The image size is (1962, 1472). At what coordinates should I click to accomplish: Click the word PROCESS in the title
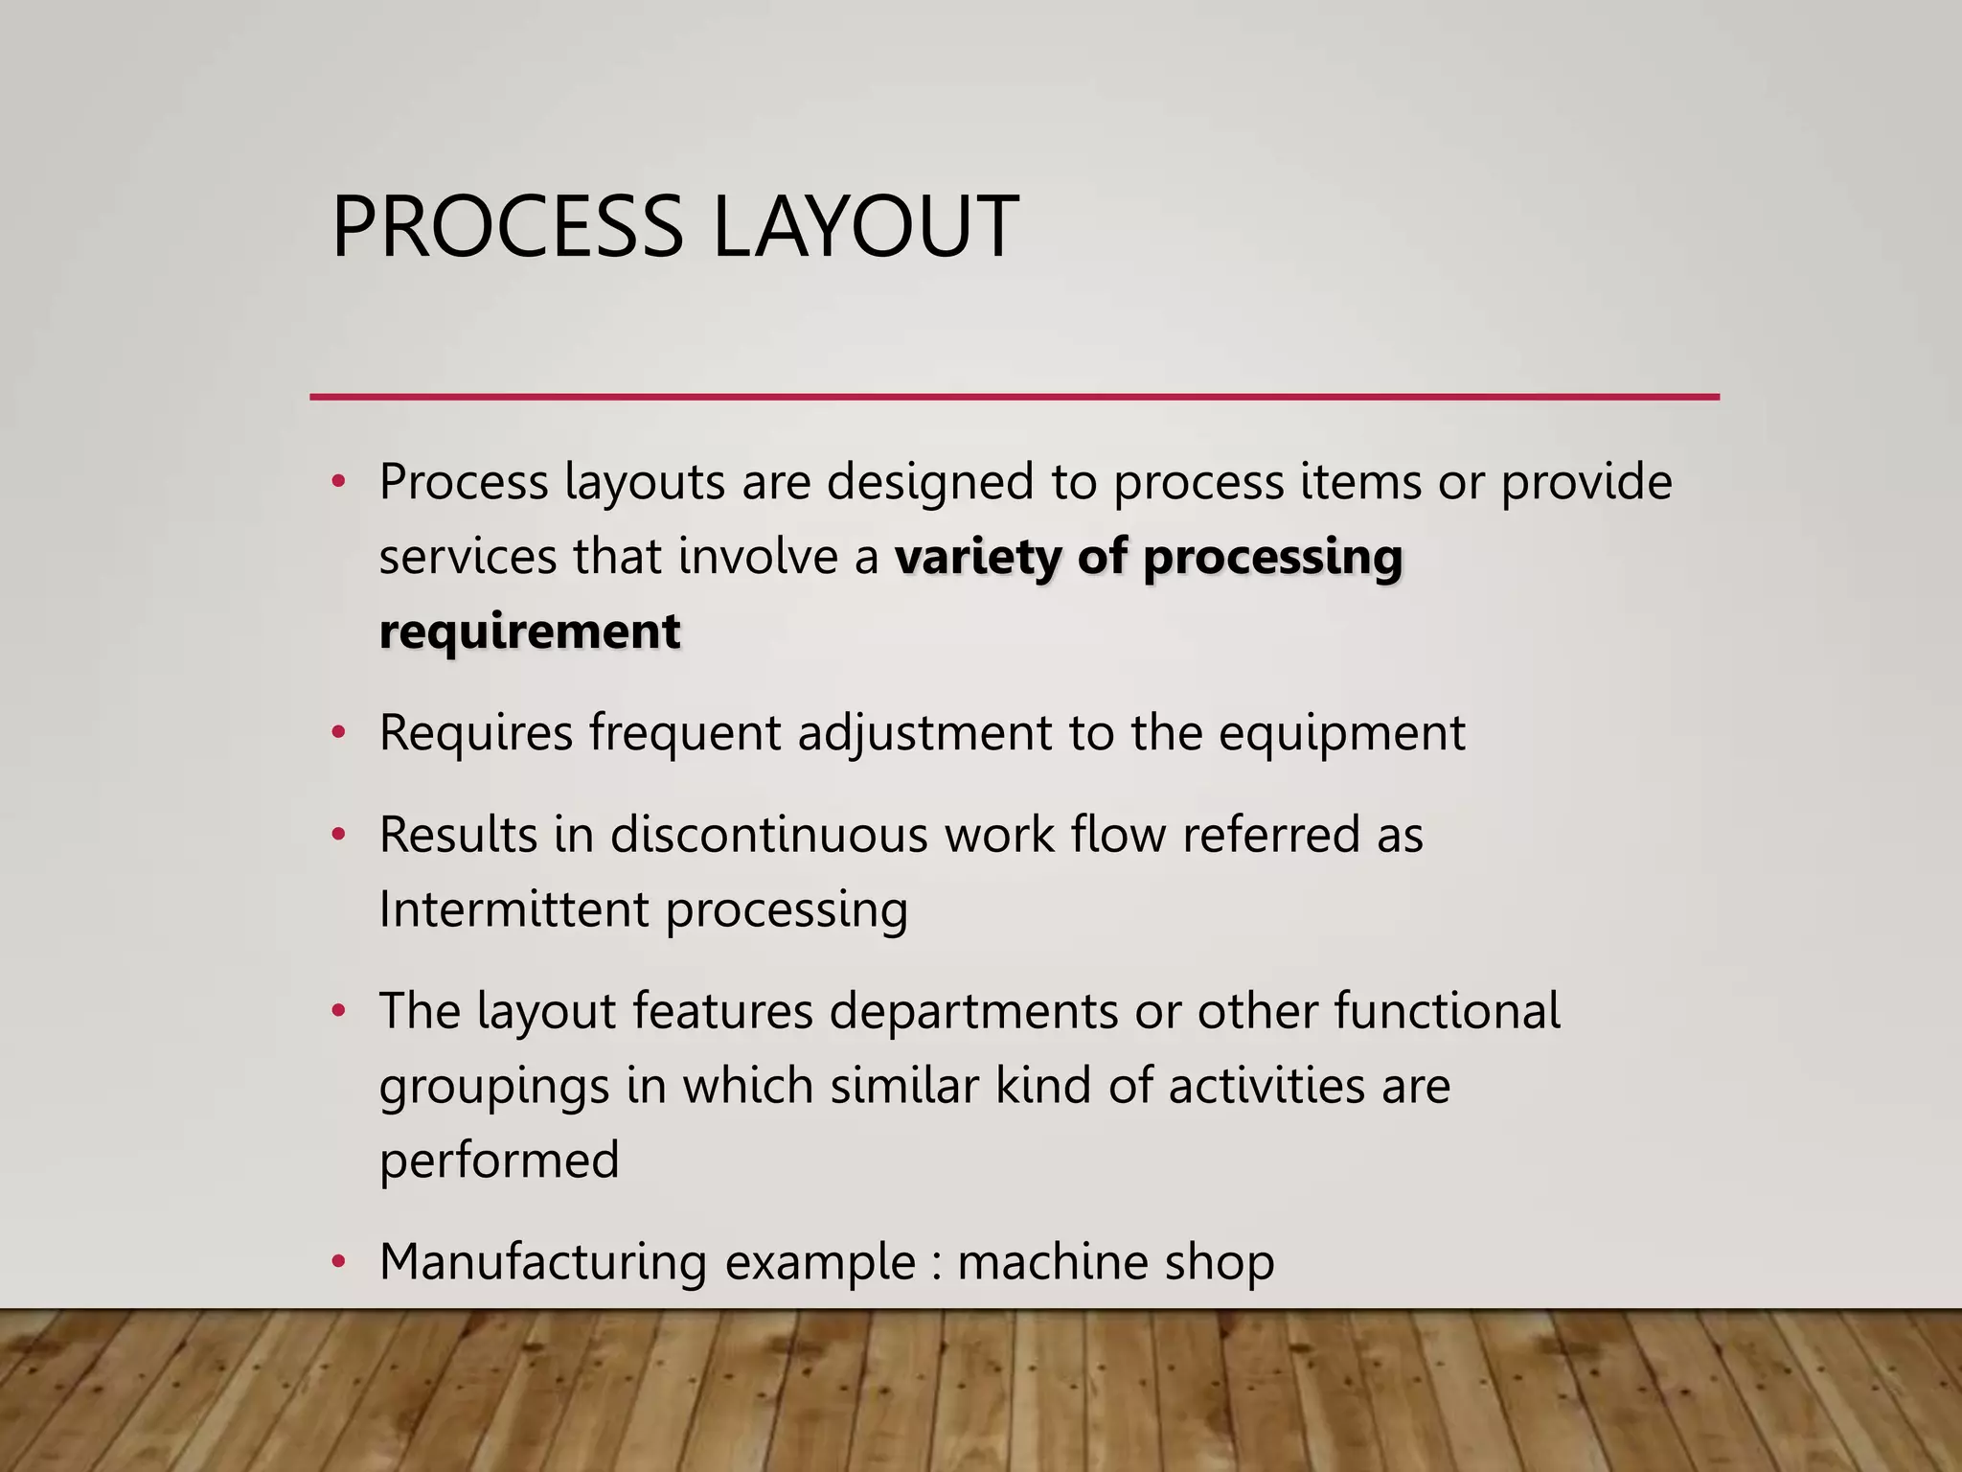pyautogui.click(x=506, y=227)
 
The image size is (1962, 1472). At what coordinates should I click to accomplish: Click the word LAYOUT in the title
pyautogui.click(x=866, y=227)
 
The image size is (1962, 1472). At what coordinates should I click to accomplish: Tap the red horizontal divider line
pyautogui.click(x=1014, y=397)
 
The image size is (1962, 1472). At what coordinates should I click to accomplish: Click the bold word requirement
pyautogui.click(x=530, y=632)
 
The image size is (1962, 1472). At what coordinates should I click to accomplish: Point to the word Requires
pyautogui.click(x=475, y=734)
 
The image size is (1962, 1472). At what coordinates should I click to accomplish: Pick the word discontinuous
pyautogui.click(x=768, y=835)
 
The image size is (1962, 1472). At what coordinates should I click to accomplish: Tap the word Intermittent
pyautogui.click(x=513, y=909)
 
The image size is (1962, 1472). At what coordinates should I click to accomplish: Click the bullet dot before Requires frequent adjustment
pyautogui.click(x=337, y=734)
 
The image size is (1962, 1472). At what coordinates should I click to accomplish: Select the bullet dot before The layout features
pyautogui.click(x=337, y=1012)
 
